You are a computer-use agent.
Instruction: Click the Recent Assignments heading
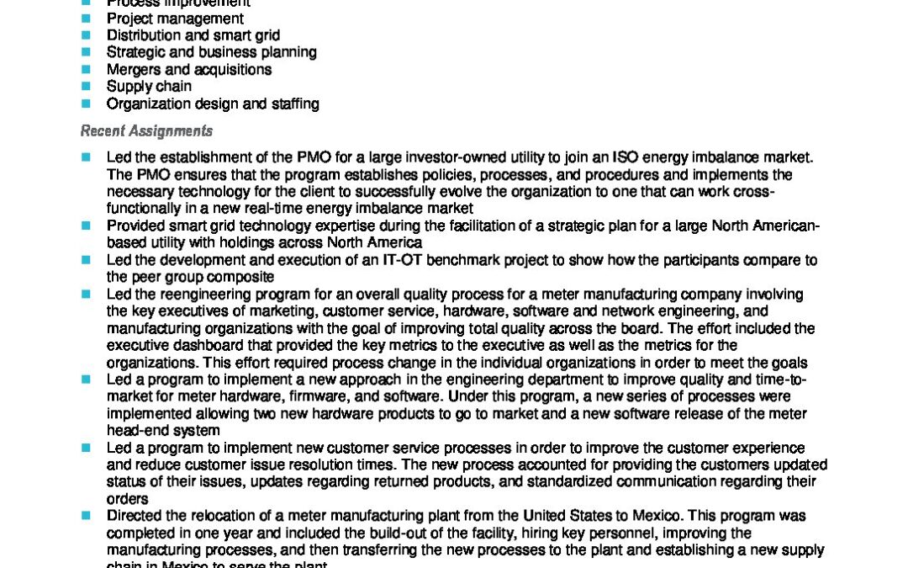pyautogui.click(x=146, y=131)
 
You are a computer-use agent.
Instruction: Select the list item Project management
pyautogui.click(x=175, y=19)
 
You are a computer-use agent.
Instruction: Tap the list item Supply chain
pyautogui.click(x=149, y=87)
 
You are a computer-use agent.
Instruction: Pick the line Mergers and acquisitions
pyautogui.click(x=189, y=70)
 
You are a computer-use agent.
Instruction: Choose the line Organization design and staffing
pyautogui.click(x=213, y=104)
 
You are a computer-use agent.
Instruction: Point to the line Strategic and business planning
pyautogui.click(x=211, y=52)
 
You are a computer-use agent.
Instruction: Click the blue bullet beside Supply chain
pyautogui.click(x=85, y=87)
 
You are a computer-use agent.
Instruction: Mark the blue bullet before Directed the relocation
pyautogui.click(x=85, y=516)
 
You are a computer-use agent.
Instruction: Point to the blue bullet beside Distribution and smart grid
pyautogui.click(x=85, y=35)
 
